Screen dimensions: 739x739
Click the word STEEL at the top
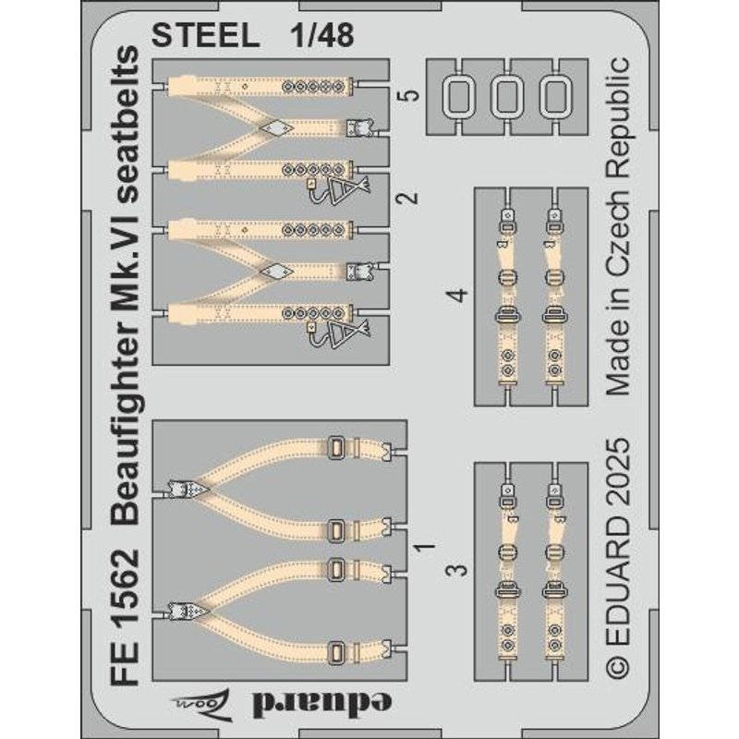pyautogui.click(x=205, y=35)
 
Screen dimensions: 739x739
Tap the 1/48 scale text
pyautogui.click(x=321, y=35)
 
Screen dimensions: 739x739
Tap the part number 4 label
pyautogui.click(x=457, y=295)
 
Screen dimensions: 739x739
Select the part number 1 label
pyautogui.click(x=425, y=547)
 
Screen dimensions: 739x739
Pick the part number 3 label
pyautogui.click(x=457, y=570)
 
